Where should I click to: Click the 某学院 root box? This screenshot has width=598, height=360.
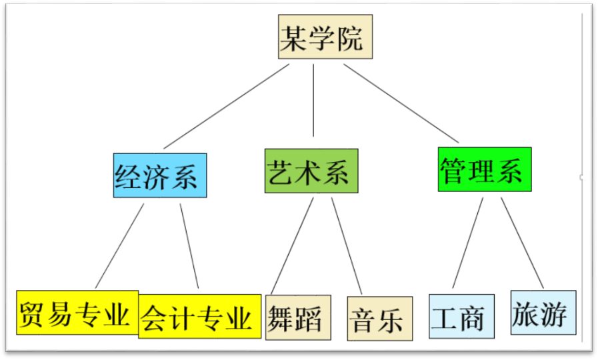point(325,37)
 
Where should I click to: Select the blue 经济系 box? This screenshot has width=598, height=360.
point(159,175)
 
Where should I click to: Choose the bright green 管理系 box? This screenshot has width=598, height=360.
point(484,169)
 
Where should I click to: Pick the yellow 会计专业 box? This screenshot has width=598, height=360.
point(199,316)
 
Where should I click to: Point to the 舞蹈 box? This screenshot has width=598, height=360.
point(294,317)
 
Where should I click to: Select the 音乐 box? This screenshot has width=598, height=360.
point(379,319)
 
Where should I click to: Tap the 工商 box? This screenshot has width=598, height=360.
point(461,316)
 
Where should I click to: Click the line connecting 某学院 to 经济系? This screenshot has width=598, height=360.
point(227,107)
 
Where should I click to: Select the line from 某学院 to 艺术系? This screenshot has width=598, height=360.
point(313,100)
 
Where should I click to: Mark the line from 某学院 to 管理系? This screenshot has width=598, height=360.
point(401,103)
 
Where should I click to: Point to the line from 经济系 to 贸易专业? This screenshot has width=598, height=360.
point(120,245)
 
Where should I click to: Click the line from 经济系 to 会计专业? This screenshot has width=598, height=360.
point(189,247)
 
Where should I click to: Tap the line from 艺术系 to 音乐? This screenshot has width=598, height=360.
point(347,247)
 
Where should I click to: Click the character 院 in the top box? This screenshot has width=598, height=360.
point(350,37)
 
